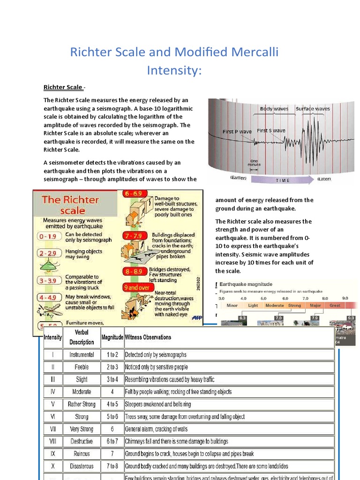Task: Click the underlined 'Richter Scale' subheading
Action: [x=63, y=87]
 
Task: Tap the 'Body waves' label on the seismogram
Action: [x=274, y=109]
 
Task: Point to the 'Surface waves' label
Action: [x=313, y=109]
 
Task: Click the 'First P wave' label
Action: [x=237, y=132]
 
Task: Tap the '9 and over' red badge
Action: [x=136, y=287]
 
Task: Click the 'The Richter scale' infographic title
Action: [x=70, y=204]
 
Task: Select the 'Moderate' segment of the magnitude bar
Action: [x=274, y=306]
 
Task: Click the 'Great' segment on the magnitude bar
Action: [x=335, y=306]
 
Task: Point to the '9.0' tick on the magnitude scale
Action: [x=345, y=298]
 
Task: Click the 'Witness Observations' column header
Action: [x=148, y=337]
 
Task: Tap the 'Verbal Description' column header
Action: [x=82, y=337]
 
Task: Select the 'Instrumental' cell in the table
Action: [x=82, y=355]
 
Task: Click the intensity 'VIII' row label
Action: [x=52, y=441]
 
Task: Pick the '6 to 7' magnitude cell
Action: [x=112, y=441]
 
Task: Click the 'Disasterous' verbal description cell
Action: [x=82, y=466]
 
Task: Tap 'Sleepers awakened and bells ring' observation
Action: [x=157, y=404]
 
